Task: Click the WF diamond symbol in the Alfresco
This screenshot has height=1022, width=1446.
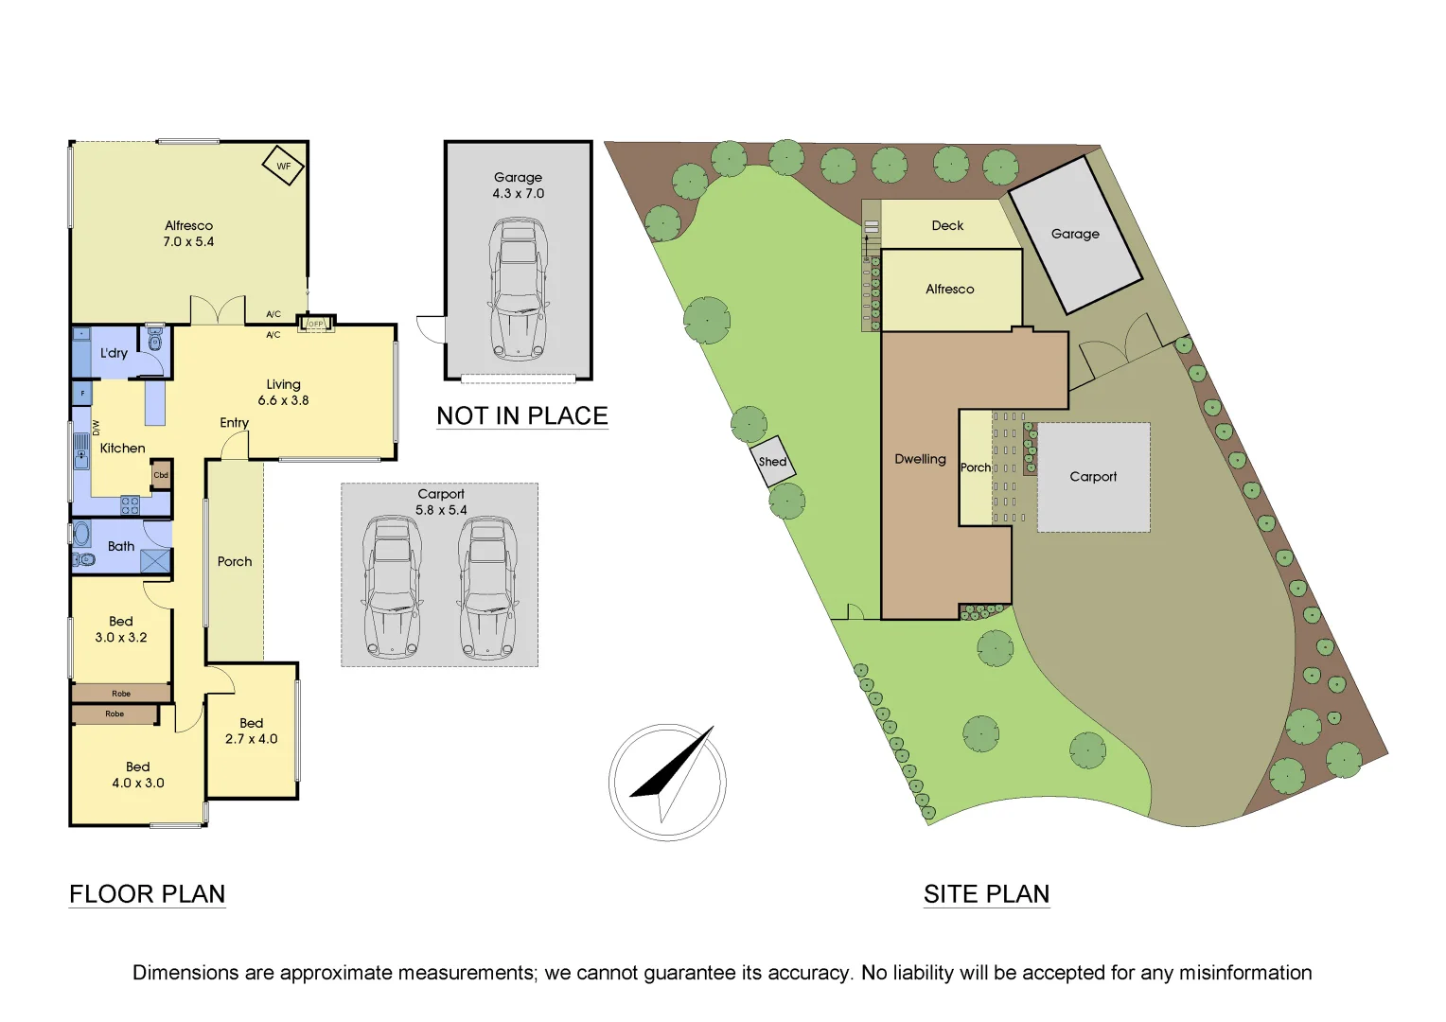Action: (x=283, y=166)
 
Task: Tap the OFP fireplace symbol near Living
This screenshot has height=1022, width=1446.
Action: (x=315, y=324)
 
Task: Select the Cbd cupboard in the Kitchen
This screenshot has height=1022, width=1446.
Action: (x=161, y=475)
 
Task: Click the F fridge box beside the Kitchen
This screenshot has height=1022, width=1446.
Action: (x=82, y=393)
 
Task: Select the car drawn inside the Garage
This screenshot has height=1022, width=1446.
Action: (x=518, y=289)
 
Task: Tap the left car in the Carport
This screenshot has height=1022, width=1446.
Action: (x=391, y=587)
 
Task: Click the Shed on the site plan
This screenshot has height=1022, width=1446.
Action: (x=772, y=462)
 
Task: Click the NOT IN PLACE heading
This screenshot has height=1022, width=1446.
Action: (x=521, y=416)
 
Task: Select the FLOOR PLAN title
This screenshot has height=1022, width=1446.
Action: (x=147, y=894)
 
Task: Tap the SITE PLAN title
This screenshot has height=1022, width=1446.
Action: (x=986, y=894)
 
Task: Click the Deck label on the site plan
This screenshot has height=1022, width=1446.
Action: (x=947, y=225)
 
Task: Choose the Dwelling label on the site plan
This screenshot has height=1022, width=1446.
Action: (x=920, y=459)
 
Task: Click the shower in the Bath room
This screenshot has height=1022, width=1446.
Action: (x=155, y=560)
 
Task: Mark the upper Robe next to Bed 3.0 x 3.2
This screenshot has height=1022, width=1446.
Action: (x=120, y=694)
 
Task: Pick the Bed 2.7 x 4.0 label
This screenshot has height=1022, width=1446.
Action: (x=251, y=731)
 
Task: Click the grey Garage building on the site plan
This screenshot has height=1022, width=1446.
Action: (x=1075, y=234)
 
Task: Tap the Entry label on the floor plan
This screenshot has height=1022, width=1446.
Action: (x=234, y=423)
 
